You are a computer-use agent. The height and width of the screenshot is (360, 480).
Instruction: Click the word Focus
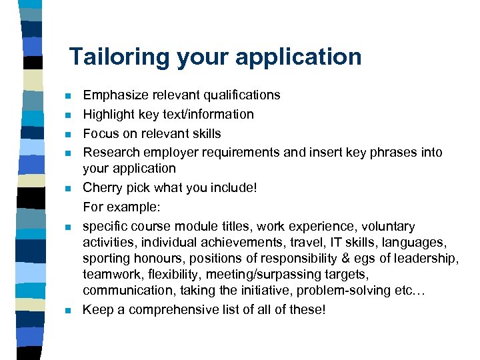(100, 133)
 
